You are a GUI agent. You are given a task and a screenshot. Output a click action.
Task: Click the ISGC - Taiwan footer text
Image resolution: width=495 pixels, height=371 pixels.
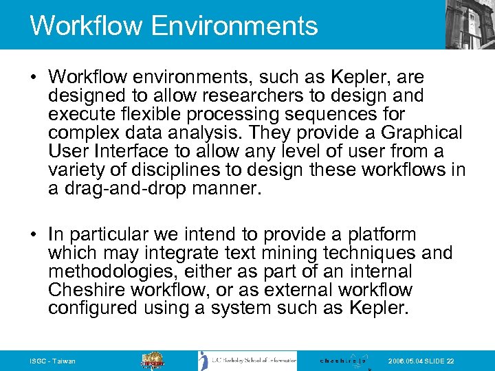53,361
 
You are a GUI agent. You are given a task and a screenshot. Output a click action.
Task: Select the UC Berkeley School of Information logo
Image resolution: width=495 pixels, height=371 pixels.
247,360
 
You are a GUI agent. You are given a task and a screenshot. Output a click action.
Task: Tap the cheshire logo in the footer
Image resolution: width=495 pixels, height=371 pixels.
344,360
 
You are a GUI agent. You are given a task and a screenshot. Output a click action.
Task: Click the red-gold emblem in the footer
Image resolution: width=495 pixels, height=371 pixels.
153,360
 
